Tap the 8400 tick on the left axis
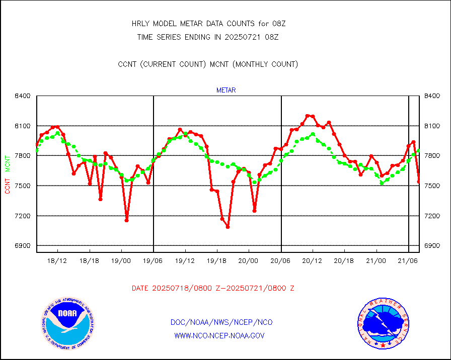23,96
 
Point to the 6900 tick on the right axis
433,246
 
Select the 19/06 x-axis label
153,261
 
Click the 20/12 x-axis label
312,261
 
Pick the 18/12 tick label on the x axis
57,261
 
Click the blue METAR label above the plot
226,91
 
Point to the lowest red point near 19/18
228,227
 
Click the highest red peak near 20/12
308,116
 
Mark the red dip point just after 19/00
126,220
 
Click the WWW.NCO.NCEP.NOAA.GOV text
219,335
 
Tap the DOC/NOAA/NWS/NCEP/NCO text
221,322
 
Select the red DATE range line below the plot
213,288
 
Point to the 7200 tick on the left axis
23,216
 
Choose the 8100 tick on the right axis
433,126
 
